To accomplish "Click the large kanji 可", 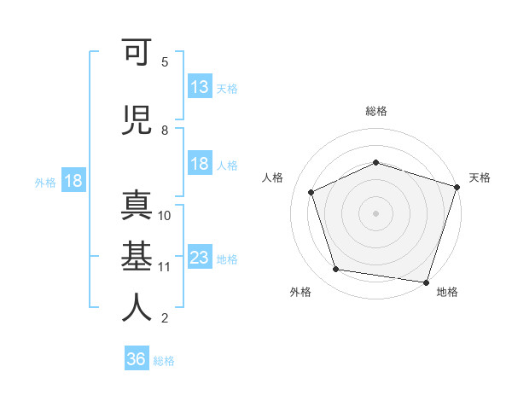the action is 137,51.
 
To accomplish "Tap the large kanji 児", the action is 137,120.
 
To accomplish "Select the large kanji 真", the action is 137,206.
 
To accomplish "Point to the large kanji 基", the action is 137,256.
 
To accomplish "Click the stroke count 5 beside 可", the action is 165,62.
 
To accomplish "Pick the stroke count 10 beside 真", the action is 164,216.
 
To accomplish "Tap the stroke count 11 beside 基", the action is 164,267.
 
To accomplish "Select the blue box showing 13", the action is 200,86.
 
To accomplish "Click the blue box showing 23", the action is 200,256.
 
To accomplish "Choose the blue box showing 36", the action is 137,357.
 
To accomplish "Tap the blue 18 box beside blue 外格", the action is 73,180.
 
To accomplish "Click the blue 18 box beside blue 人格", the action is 200,163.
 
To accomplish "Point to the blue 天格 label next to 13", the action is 227,89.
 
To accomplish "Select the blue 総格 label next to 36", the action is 164,361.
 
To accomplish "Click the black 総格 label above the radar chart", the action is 376,111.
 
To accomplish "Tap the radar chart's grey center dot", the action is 375,213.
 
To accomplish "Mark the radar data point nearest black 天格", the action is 457,187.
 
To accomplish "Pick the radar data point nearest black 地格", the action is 426,282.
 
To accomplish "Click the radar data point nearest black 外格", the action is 335,270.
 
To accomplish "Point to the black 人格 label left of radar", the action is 272,177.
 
